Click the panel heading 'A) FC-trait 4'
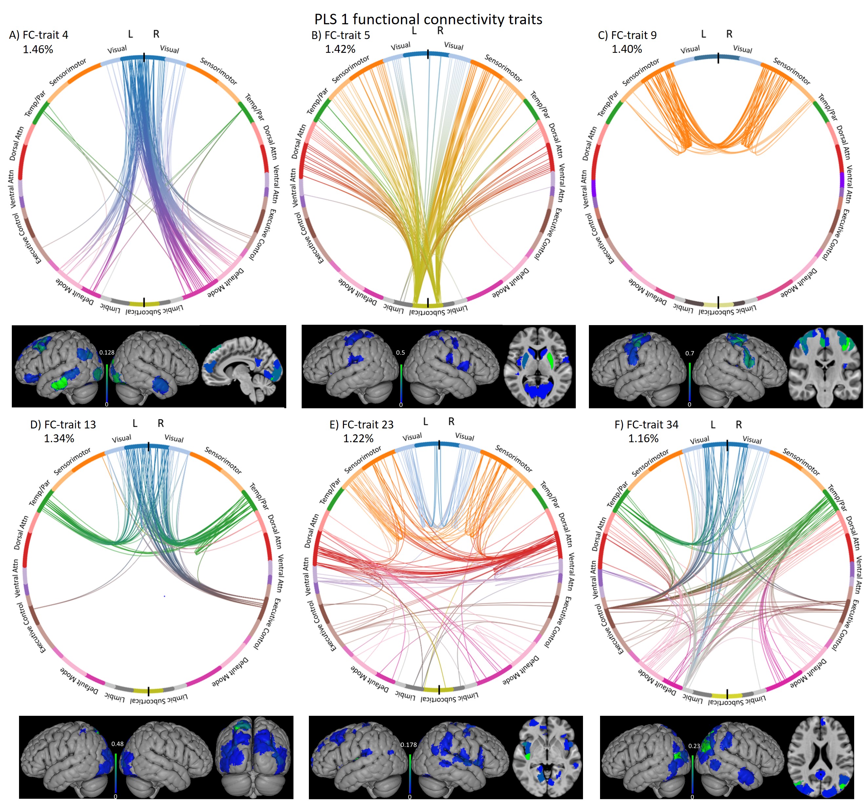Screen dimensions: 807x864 point(39,35)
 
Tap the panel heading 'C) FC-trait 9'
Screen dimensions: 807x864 point(627,35)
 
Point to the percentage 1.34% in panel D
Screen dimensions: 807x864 point(59,438)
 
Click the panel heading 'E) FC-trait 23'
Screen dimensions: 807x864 point(362,424)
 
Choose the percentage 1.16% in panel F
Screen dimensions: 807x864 point(643,438)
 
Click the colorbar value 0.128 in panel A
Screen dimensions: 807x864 point(107,352)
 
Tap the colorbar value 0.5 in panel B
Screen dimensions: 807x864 point(400,352)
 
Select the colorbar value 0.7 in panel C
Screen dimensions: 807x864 point(690,353)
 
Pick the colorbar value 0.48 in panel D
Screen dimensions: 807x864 point(117,743)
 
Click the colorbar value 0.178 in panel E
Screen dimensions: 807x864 point(409,744)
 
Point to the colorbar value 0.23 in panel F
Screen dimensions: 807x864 point(694,746)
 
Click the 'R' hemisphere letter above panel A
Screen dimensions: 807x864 point(156,34)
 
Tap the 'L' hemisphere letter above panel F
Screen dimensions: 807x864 point(713,424)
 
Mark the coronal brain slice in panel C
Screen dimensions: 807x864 point(825,366)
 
